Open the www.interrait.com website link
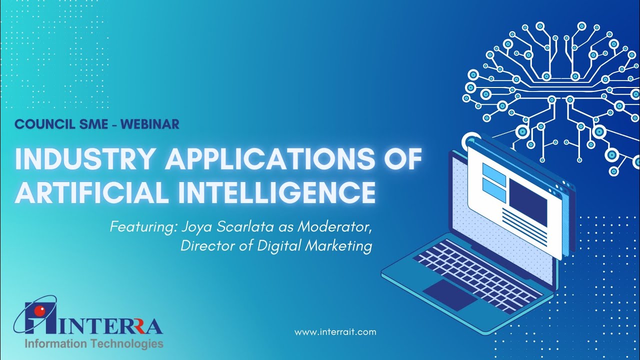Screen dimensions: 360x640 click(335, 332)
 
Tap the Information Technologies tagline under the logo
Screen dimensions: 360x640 click(94, 344)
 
